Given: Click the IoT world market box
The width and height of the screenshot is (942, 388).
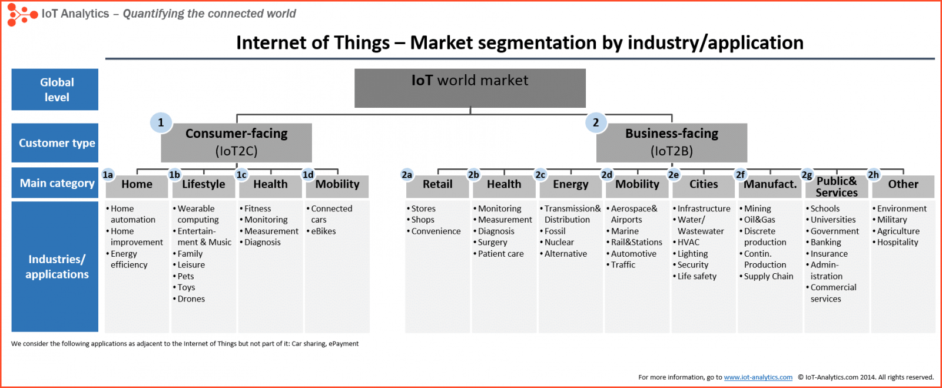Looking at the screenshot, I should [x=470, y=88].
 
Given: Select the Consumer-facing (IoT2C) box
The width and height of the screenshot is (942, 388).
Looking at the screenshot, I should [x=236, y=142].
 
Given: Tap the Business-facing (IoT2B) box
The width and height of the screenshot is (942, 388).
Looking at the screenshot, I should [x=672, y=142].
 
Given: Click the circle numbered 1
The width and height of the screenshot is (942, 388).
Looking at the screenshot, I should [x=161, y=122].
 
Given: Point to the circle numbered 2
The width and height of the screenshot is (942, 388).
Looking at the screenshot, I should [x=596, y=122].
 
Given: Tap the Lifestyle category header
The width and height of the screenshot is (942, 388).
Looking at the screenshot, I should [x=204, y=185].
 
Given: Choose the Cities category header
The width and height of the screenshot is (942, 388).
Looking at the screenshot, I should [x=704, y=185].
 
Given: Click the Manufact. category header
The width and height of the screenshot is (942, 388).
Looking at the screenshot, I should [x=770, y=185].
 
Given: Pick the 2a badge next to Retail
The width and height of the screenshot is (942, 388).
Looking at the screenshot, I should [x=407, y=175].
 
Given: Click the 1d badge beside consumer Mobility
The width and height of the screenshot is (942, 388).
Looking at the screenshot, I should [x=308, y=175].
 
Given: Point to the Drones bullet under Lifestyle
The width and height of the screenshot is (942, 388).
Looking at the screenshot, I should [x=191, y=299].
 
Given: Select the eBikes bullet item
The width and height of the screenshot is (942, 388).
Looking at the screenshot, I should [x=323, y=231].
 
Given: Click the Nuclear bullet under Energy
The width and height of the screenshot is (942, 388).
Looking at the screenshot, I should [x=559, y=243].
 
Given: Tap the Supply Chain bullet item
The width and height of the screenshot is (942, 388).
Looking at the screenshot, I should [x=768, y=277].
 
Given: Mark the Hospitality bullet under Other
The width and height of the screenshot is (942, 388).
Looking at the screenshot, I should [x=897, y=243].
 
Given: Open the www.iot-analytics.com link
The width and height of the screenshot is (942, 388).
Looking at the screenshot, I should [x=758, y=377].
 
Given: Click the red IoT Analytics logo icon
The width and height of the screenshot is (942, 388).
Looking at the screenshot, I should [x=21, y=14].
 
